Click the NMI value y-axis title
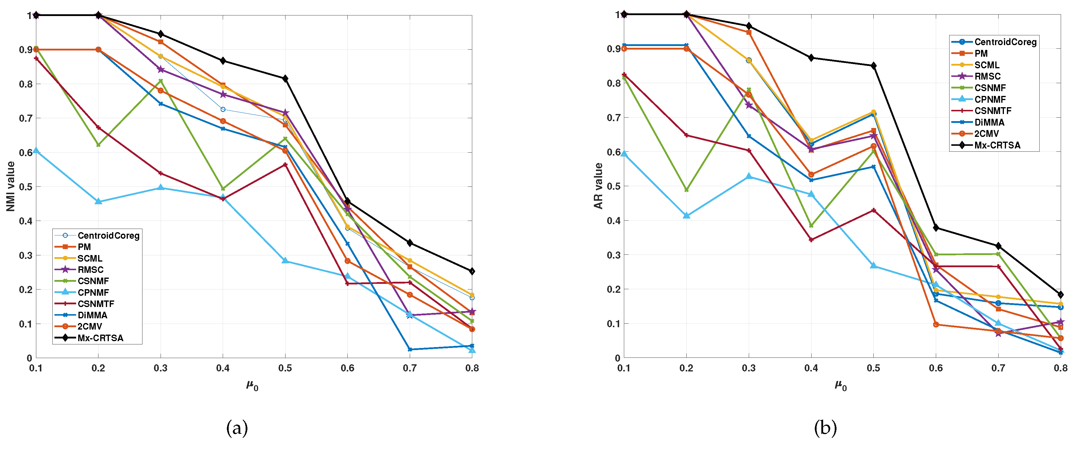pos(10,186)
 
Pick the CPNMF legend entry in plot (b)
pos(990,99)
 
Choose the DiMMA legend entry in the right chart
pos(989,122)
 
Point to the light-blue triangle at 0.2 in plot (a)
pos(98,201)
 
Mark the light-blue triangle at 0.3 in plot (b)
pos(749,176)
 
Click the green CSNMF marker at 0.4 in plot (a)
pos(223,189)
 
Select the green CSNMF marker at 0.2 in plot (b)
pos(686,190)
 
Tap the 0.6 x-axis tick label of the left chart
pos(347,368)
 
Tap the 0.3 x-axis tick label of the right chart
pos(749,368)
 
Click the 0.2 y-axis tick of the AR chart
pos(613,289)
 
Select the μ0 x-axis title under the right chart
pos(840,386)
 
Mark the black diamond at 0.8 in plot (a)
pos(472,271)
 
